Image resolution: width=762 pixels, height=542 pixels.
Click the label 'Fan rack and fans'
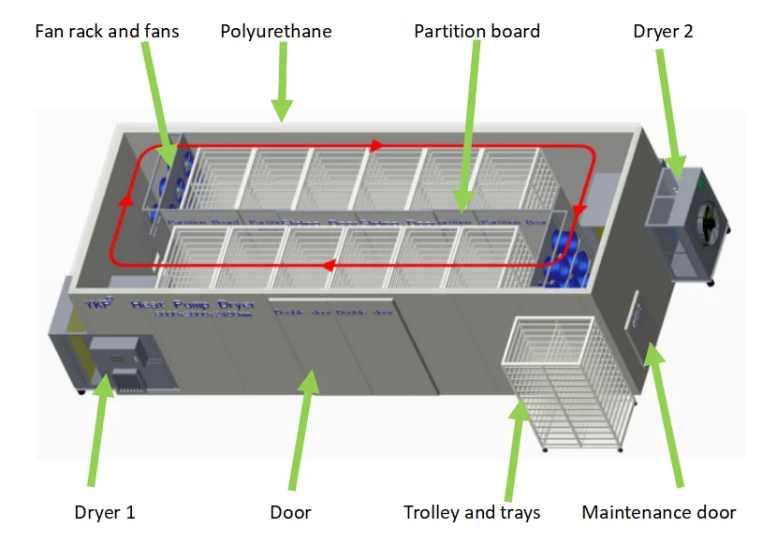point(107,32)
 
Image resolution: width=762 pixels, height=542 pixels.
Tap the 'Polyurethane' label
point(276,32)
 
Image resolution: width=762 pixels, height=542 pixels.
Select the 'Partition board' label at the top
point(476,32)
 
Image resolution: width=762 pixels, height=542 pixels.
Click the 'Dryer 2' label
point(663,32)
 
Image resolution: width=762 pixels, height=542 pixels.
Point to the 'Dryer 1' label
point(105,512)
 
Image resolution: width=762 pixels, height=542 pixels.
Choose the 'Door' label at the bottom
point(290,512)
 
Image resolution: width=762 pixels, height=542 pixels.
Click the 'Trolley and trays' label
point(472,512)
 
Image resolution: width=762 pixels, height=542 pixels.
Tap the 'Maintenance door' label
point(658,512)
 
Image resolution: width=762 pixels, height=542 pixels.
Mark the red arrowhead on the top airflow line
point(375,146)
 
